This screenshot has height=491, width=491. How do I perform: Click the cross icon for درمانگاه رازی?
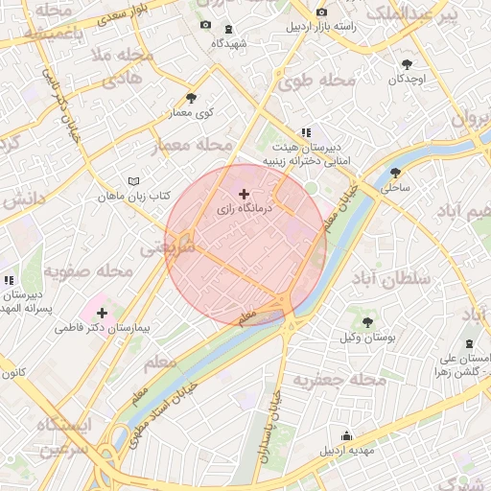[244, 194]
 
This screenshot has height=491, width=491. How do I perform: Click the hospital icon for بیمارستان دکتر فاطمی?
[102, 313]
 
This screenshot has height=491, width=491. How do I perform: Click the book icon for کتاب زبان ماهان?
[133, 181]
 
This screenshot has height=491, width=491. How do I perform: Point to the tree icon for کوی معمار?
[191, 98]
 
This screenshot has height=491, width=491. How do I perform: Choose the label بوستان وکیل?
[367, 338]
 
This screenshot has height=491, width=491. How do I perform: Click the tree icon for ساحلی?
[396, 174]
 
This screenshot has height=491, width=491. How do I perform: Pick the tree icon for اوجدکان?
[409, 64]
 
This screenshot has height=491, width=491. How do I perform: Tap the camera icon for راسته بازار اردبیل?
[321, 12]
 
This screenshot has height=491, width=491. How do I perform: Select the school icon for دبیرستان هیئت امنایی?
[306, 132]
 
